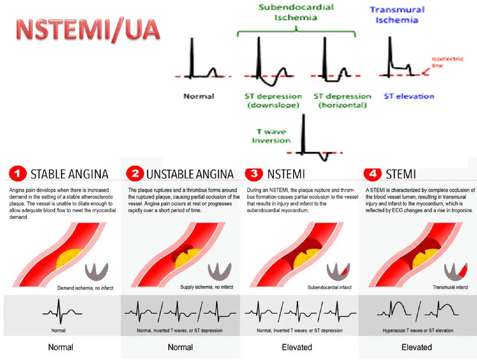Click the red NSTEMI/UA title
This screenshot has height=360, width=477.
click(x=88, y=30)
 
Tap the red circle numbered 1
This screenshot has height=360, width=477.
click(x=17, y=174)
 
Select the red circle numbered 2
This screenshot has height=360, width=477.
click(x=135, y=174)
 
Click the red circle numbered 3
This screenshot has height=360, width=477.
click(x=254, y=174)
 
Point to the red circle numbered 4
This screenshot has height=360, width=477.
click(x=372, y=174)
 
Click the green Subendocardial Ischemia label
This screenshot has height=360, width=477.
click(x=296, y=12)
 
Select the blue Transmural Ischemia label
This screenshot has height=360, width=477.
click(x=397, y=15)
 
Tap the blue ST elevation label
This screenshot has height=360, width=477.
click(x=409, y=96)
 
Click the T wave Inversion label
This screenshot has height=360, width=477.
click(x=271, y=136)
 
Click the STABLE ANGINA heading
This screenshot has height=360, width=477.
click(x=69, y=174)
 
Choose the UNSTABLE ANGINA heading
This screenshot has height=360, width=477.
click(x=190, y=174)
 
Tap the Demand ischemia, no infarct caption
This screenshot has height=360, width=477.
click(x=85, y=288)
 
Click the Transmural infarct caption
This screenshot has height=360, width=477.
click(x=450, y=287)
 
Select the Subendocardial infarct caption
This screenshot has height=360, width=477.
click(x=329, y=287)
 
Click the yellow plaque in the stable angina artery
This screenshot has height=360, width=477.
click(x=69, y=258)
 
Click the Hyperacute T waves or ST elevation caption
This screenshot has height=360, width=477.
click(x=418, y=330)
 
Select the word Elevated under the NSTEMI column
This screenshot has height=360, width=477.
click(x=297, y=347)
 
